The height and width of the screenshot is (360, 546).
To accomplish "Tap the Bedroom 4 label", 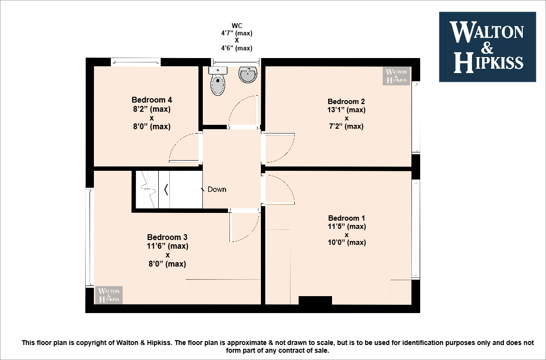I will (152, 100).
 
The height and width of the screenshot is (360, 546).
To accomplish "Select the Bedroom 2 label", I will (346, 102).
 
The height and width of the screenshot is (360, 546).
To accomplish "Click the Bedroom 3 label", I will (167, 237).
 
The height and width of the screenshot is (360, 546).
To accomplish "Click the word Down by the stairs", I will (217, 189).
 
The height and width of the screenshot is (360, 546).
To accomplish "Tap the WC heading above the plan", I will (237, 26).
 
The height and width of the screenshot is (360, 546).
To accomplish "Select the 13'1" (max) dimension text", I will (347, 110).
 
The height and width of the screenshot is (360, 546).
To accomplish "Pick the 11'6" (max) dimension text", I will (167, 246).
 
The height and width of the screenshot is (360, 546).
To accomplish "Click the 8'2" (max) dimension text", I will (152, 109).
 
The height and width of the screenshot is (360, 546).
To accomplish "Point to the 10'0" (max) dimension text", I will (347, 242).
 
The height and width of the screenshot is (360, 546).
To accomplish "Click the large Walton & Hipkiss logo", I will (487, 46).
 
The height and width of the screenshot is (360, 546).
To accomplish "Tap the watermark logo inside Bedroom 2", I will (396, 76).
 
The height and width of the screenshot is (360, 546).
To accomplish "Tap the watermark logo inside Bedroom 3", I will (109, 295).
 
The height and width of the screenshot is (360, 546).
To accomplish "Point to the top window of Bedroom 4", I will (136, 62).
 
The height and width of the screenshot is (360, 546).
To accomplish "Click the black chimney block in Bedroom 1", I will (315, 300).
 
